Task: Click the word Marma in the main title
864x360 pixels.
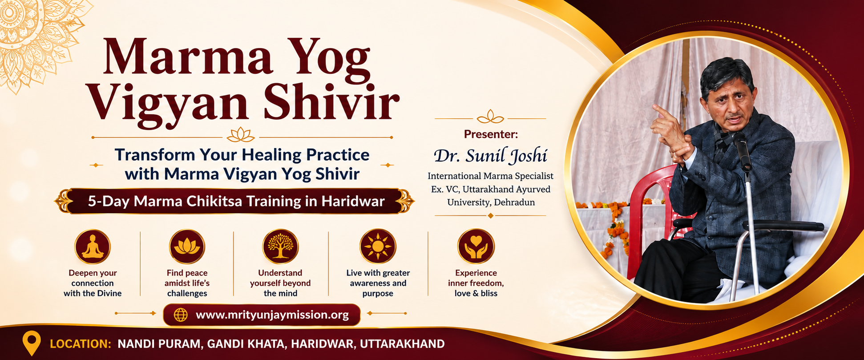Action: click(187, 57)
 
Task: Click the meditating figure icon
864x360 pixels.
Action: click(93, 247)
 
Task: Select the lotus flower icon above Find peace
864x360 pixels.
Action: click(187, 247)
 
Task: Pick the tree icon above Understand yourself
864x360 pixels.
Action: click(280, 247)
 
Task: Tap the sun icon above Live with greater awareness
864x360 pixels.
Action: click(378, 247)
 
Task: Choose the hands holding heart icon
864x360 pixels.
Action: click(476, 247)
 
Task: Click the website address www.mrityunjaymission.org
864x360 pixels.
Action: click(272, 315)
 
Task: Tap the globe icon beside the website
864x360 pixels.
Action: click(181, 315)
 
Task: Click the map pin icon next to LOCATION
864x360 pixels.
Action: click(31, 343)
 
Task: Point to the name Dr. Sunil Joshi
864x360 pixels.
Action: click(490, 156)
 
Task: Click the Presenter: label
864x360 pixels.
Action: click(491, 134)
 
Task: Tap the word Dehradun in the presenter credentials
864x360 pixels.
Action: click(513, 202)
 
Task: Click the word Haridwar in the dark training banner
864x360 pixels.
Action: click(353, 201)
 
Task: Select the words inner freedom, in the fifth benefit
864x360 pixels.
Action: click(476, 283)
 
